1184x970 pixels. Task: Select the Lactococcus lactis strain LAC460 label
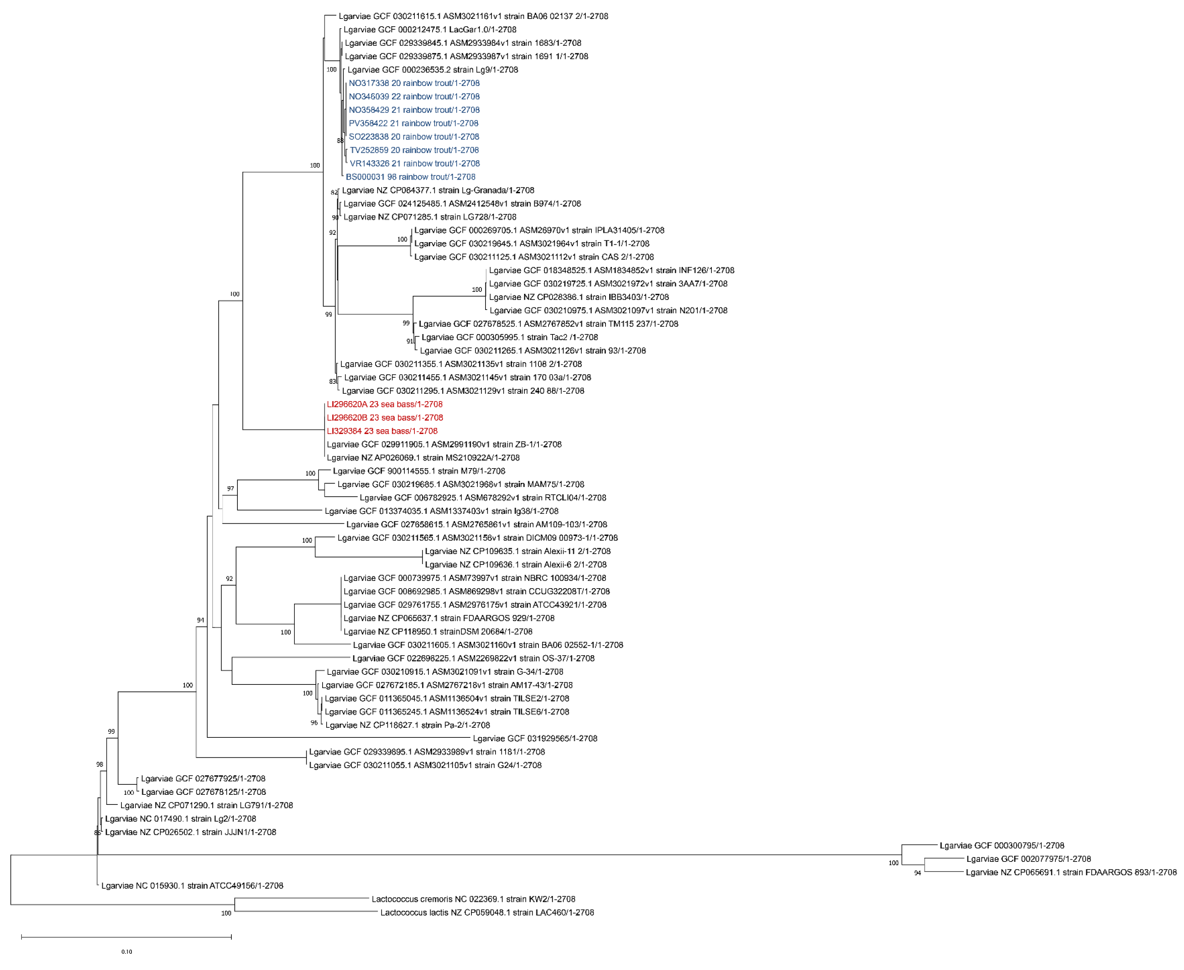[x=487, y=913]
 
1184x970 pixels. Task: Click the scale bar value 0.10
[x=127, y=951]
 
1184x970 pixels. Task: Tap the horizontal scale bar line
[x=126, y=936]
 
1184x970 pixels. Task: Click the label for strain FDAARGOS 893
[x=1071, y=872]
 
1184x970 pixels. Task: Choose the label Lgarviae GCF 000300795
[x=1001, y=846]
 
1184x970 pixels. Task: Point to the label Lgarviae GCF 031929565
[x=535, y=738]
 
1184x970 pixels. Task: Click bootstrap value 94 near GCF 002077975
[x=917, y=873]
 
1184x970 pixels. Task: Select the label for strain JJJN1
[x=190, y=832]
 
